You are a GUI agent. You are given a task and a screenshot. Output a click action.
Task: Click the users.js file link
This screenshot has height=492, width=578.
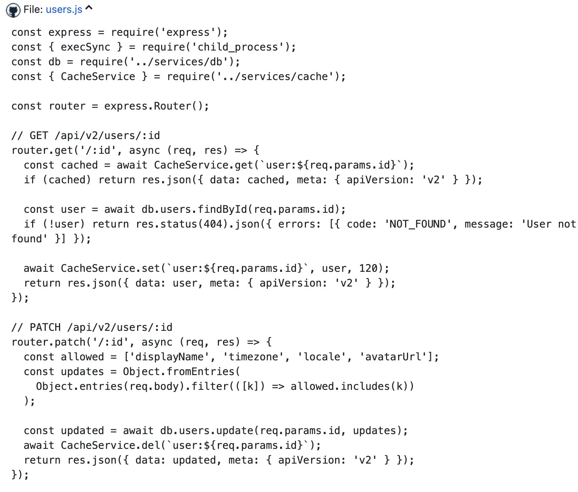[64, 10]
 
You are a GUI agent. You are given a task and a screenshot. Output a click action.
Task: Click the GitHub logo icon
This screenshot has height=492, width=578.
[13, 10]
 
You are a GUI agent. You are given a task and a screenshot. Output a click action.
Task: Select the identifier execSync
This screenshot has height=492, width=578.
[86, 47]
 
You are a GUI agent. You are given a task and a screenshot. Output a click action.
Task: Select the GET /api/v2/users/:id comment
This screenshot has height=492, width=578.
[86, 136]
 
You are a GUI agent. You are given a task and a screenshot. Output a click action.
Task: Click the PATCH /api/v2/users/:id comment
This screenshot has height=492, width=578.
[92, 328]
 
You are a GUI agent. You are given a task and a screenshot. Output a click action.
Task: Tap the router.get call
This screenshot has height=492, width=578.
[42, 150]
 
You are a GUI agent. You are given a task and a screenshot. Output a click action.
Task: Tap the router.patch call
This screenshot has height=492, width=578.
[48, 342]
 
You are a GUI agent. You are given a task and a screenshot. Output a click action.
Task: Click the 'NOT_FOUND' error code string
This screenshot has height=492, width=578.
[418, 224]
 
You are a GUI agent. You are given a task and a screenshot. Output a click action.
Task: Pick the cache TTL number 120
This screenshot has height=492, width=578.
[368, 268]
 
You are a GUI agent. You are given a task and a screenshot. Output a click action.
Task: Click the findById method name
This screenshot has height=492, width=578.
[223, 209]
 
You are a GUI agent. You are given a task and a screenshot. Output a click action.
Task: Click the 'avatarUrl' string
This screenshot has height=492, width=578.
[393, 357]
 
